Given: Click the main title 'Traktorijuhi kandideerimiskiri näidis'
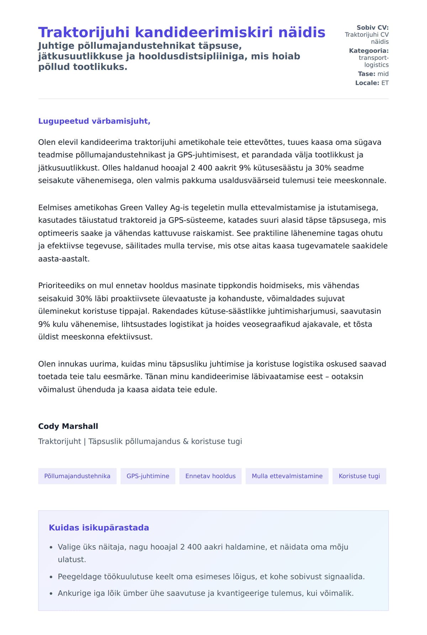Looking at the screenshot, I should click(181, 32).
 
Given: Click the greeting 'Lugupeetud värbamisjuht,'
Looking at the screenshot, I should click(94, 121).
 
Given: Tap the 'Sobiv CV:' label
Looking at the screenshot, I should click(373, 27).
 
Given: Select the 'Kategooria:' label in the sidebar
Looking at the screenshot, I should click(369, 51).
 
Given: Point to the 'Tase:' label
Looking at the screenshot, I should click(367, 74).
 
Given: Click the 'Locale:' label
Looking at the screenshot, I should click(367, 83).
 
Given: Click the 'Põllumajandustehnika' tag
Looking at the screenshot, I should click(77, 476).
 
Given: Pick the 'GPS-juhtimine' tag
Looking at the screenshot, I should click(148, 476).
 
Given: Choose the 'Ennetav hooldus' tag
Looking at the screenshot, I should click(210, 476).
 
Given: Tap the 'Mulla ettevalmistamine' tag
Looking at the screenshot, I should click(287, 476).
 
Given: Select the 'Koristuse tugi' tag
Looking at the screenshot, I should click(359, 476).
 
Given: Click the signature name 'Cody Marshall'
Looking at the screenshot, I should click(68, 426).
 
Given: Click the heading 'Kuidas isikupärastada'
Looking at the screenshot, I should click(99, 528).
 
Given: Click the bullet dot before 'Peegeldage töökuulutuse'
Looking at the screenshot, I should click(51, 577).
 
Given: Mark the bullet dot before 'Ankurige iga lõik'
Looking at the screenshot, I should click(51, 594).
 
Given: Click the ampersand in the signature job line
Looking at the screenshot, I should click(185, 442).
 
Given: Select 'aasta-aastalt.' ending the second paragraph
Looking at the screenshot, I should click(64, 259).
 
